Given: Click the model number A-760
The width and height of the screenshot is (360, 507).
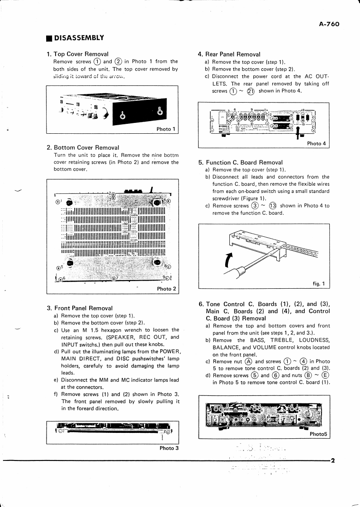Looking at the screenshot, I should pos(329,25).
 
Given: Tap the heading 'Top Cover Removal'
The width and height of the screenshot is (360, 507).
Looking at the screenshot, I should pos(81,54).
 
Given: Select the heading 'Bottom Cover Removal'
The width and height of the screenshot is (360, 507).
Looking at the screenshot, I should pos(86,147).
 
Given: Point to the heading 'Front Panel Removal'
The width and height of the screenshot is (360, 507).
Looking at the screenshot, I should pos(83,308).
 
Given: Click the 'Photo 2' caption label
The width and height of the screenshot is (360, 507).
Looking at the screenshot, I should pos(166,289).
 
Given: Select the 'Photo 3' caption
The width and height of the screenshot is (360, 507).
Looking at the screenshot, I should pos(169,448).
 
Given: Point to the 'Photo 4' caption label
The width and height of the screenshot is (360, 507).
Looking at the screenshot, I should pos(317,144).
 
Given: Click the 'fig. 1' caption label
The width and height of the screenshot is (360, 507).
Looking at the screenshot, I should pos(319,284).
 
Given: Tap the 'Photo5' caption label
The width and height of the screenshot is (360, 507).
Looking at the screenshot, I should pos(319,435).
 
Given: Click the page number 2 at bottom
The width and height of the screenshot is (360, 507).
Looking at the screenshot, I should pos(332,461).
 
